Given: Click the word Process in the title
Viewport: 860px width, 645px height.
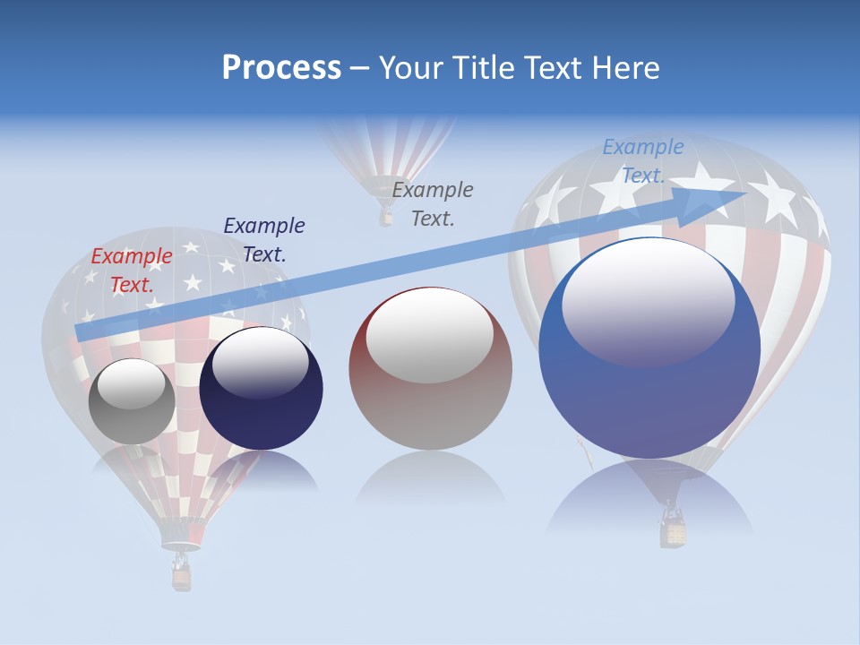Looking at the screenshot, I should tap(281, 68).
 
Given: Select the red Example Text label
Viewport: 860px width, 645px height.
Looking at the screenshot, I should tap(132, 271).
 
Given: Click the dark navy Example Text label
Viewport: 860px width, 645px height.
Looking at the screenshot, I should tap(264, 240).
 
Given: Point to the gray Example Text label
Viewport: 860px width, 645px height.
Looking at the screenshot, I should tap(433, 204).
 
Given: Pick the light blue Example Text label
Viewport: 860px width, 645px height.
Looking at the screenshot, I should tap(642, 161).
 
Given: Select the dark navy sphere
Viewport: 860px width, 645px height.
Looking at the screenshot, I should tap(261, 389).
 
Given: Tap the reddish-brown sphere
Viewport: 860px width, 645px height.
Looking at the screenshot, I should tap(430, 369).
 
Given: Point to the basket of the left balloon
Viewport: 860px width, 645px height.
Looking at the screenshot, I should tap(182, 576).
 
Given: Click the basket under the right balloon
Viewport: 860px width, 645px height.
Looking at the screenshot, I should tap(672, 532).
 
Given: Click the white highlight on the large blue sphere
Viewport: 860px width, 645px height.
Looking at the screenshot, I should tap(649, 301).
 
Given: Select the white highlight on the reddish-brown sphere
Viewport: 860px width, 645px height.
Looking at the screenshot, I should tap(430, 335).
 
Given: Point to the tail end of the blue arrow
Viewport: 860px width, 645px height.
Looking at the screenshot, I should tap(82, 332).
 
